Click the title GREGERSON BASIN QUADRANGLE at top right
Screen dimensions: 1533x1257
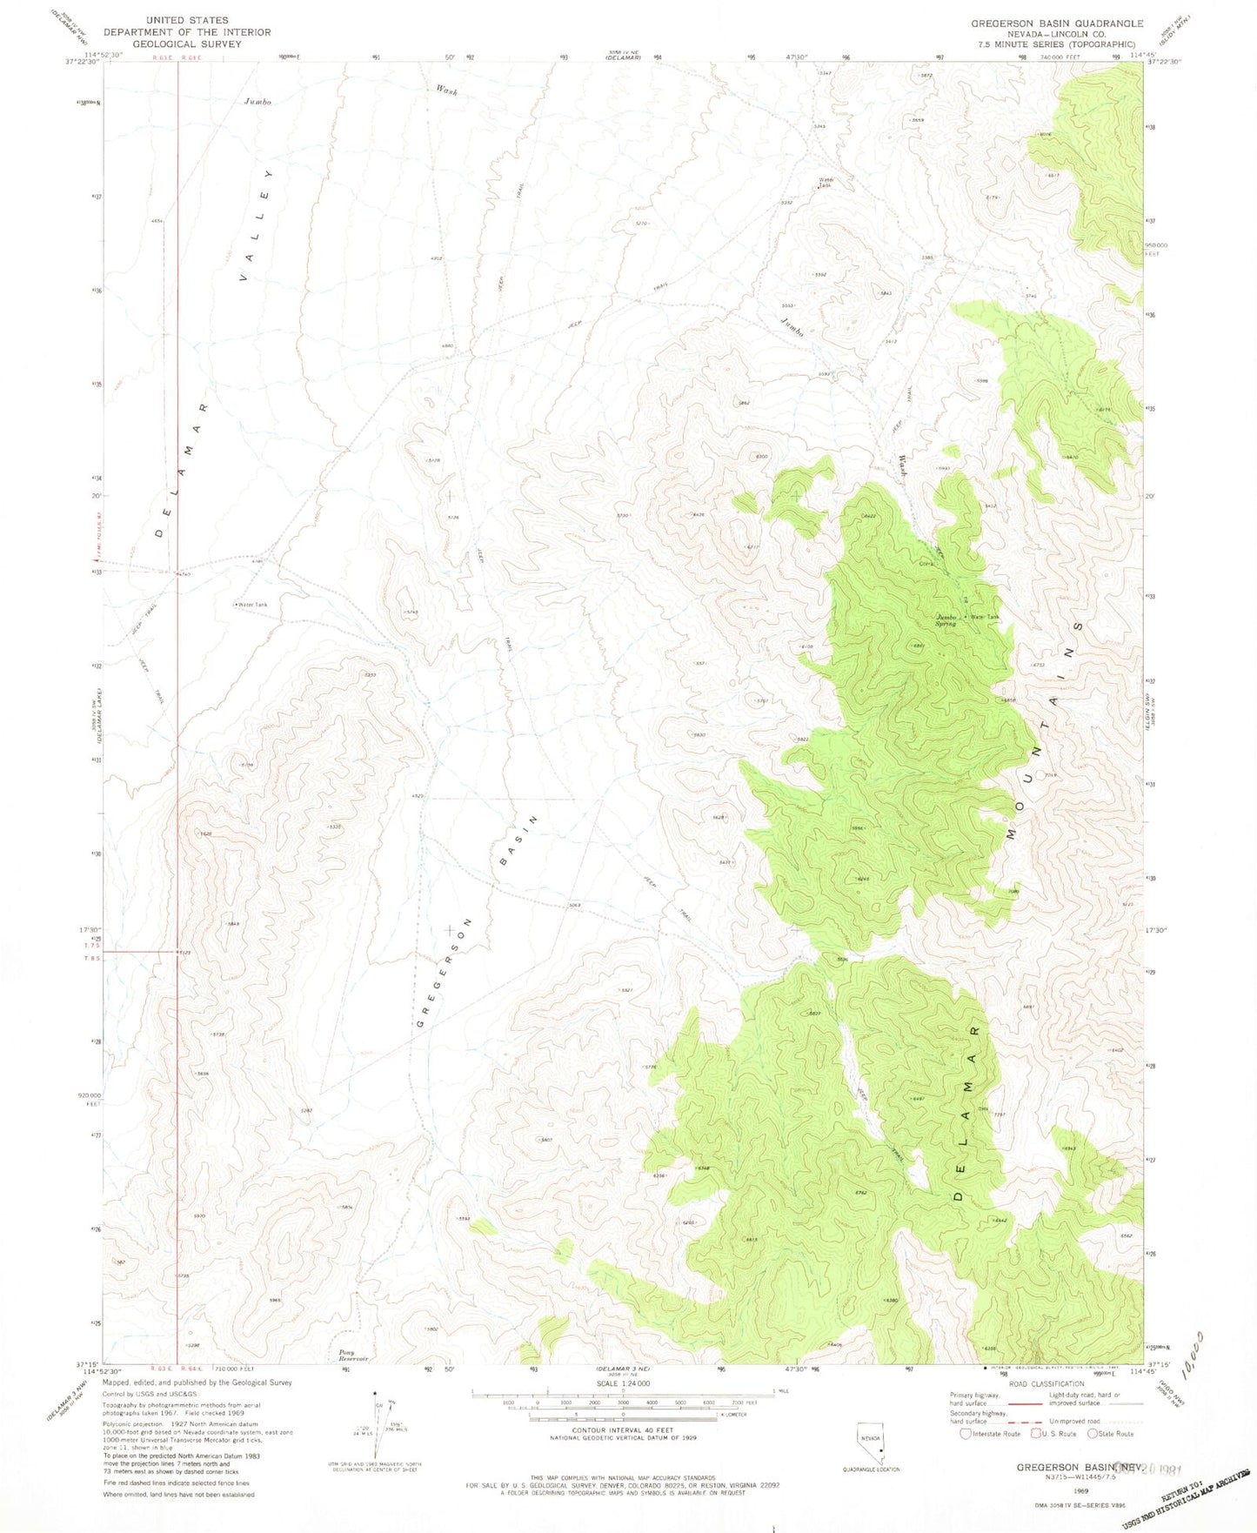(1057, 23)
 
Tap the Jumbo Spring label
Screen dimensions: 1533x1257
(946, 620)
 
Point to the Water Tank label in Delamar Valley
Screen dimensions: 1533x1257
(251, 605)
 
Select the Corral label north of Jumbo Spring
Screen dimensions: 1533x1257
(926, 564)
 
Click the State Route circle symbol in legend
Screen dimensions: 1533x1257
(1092, 1434)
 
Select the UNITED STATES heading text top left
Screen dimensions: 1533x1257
(187, 19)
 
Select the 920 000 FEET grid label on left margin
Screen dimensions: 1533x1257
(90, 1100)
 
